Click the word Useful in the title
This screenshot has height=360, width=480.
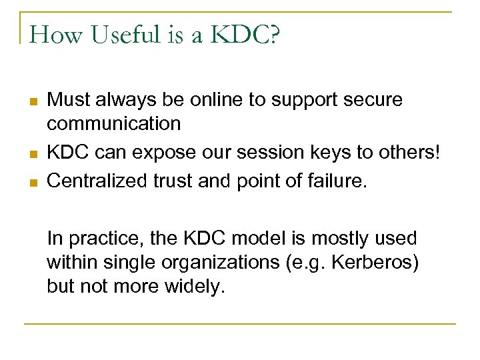(119, 35)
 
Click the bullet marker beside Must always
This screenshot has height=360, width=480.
(32, 102)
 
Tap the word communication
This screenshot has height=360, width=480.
(113, 123)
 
